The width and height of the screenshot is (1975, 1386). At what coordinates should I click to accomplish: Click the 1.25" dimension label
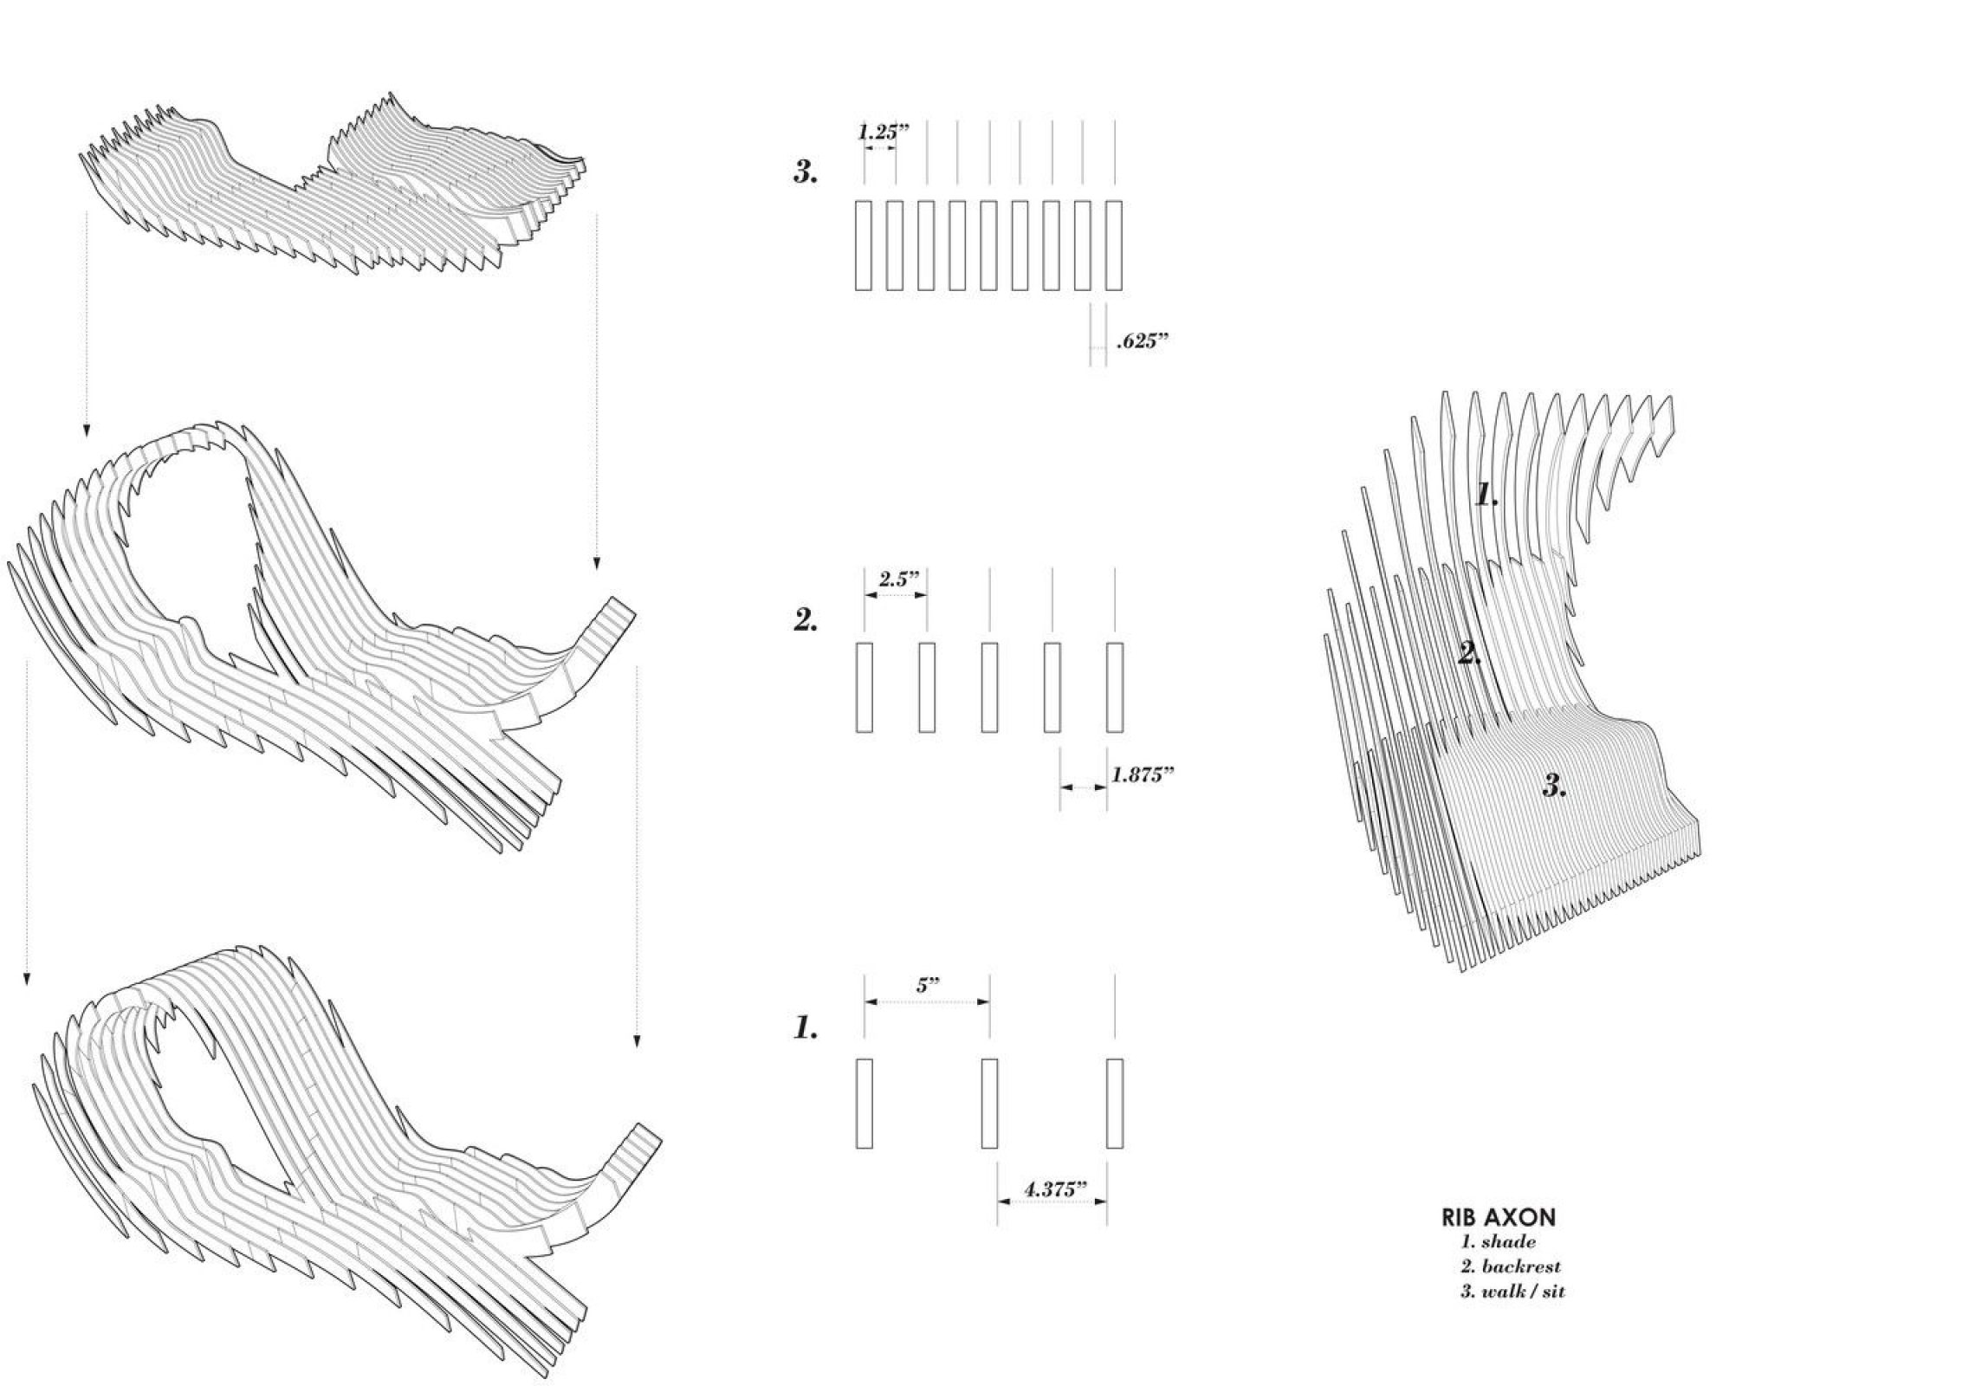[x=884, y=133]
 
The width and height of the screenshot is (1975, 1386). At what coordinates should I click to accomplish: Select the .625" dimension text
[x=1143, y=341]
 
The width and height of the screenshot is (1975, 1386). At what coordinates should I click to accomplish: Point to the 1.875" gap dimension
[x=1143, y=774]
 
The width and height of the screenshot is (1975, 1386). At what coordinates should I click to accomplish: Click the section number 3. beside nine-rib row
[x=806, y=172]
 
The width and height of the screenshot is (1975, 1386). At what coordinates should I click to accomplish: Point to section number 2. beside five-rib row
[x=806, y=619]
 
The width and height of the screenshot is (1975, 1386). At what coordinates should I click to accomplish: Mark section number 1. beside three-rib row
[x=806, y=1028]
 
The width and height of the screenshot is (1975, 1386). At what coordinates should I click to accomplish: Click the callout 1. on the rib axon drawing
[x=1486, y=495]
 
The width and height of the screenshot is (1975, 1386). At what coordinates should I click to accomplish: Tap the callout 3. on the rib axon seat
[x=1555, y=787]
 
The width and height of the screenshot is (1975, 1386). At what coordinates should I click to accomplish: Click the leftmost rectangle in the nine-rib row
[x=863, y=245]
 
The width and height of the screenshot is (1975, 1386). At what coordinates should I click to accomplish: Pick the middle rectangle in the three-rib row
[x=988, y=1103]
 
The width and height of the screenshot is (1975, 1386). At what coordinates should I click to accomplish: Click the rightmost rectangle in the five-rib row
[x=1115, y=687]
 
